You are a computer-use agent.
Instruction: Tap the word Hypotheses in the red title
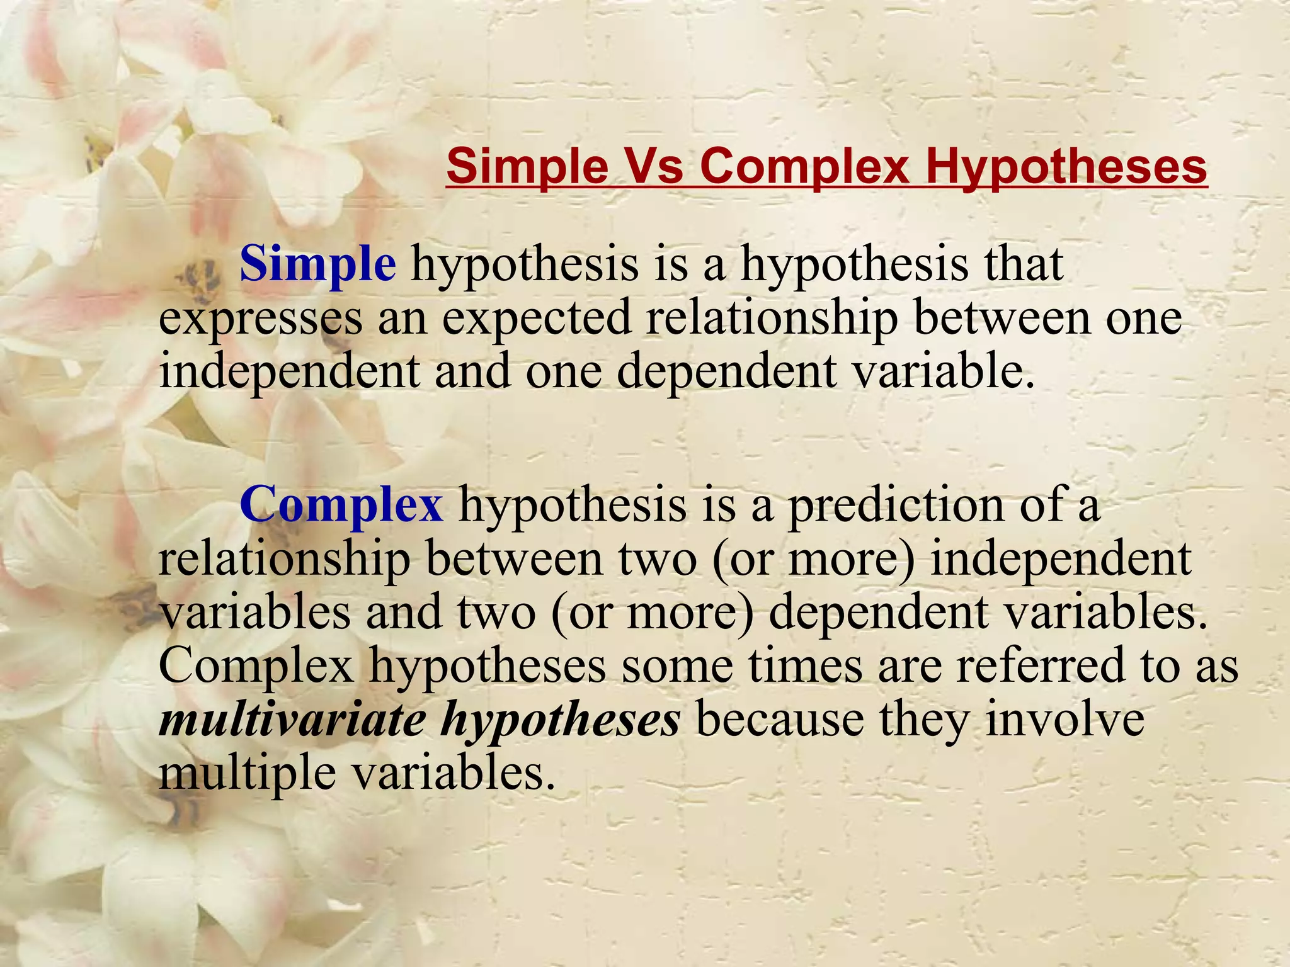coord(1065,166)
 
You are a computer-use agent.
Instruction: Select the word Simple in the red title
coord(528,166)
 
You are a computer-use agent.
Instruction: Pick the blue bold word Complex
coord(341,505)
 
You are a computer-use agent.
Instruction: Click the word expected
coord(536,317)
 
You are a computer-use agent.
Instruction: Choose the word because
coord(780,719)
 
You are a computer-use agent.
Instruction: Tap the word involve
coord(1065,719)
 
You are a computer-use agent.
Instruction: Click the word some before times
coord(676,666)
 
